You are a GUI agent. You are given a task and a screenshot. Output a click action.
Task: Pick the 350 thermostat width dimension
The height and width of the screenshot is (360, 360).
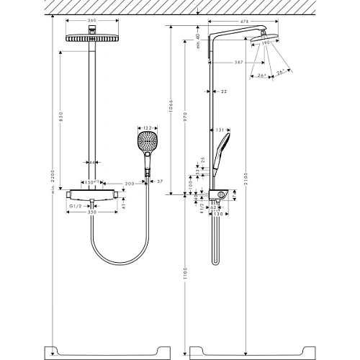(91, 214)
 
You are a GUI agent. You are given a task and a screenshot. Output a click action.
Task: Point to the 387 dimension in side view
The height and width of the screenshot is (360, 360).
(229, 64)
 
